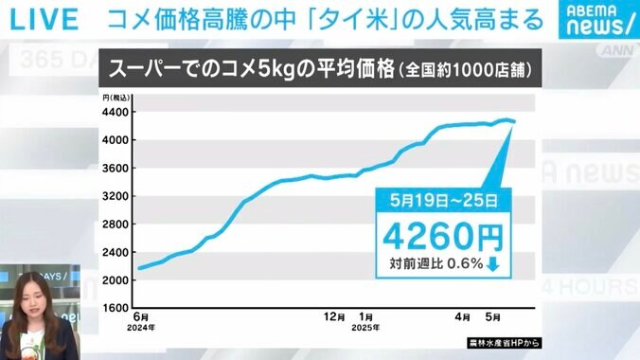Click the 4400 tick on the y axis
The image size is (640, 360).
click(x=116, y=113)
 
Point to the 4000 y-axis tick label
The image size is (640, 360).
click(x=116, y=140)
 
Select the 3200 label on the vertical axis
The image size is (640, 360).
click(x=116, y=196)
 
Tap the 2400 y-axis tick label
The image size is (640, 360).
click(x=116, y=252)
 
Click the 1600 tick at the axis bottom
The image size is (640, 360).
click(x=116, y=308)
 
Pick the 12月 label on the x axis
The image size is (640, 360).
click(x=333, y=315)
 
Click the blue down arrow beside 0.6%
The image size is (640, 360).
click(x=492, y=264)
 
